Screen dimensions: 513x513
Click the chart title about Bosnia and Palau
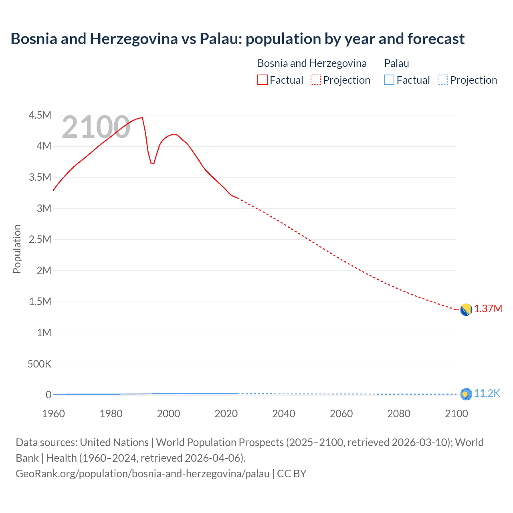[237, 39]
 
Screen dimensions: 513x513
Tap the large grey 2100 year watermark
[96, 127]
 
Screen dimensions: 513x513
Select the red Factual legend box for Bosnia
[262, 80]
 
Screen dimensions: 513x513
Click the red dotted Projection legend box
[316, 80]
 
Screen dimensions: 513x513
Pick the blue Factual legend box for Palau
[389, 80]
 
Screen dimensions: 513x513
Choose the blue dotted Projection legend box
[442, 80]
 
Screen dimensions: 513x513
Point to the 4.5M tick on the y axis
[40, 115]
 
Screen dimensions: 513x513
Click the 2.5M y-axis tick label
[40, 240]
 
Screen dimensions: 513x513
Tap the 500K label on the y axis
[39, 364]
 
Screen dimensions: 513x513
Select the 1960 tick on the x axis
[53, 414]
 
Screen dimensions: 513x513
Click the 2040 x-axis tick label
[284, 414]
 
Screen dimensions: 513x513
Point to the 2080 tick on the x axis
[399, 414]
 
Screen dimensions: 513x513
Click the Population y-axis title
[17, 249]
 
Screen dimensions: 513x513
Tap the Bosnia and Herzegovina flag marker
[466, 310]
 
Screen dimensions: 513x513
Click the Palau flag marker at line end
[466, 394]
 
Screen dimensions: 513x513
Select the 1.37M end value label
[488, 309]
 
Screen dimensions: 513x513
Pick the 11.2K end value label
[487, 394]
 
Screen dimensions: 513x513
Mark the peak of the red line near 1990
[142, 117]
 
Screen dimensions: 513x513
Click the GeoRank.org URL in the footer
[143, 474]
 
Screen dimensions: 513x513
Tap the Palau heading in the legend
[396, 63]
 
